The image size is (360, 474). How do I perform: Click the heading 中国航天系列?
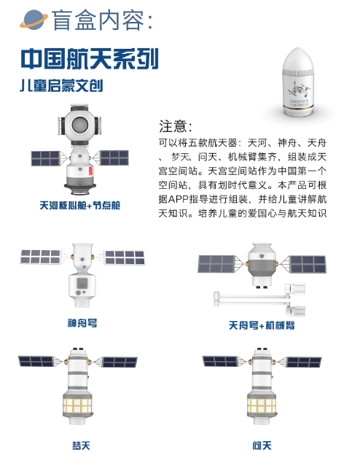(90, 58)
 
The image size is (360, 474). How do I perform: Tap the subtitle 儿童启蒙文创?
(61, 85)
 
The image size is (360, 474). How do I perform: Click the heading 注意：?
(175, 125)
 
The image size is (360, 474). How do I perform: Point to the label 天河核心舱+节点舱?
(79, 206)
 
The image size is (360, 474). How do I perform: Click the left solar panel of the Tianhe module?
(45, 158)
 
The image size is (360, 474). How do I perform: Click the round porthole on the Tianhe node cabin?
(79, 125)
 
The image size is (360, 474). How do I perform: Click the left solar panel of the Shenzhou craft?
(40, 257)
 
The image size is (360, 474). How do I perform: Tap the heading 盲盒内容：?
(102, 20)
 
